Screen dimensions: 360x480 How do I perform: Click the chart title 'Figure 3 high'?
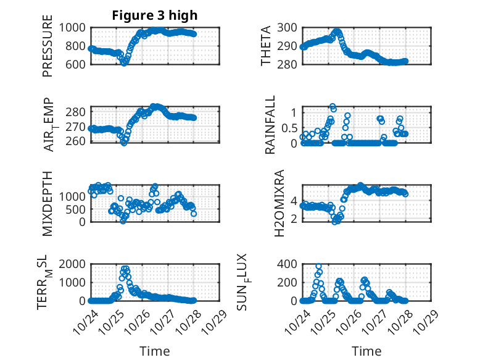coord(155,15)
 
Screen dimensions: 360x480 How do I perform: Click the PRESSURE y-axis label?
coord(48,46)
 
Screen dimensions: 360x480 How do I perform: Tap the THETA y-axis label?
coord(266,46)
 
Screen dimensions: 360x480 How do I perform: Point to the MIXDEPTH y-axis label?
coord(48,203)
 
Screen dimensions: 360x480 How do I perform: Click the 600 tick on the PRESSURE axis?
coord(78,64)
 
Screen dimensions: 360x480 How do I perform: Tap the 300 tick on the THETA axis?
coord(289,27)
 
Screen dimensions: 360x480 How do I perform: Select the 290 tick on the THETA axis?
coord(289,46)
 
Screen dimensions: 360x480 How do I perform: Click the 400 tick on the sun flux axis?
coord(289,264)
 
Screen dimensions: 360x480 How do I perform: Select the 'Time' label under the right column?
coord(366,351)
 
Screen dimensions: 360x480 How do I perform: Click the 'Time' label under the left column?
coord(155,351)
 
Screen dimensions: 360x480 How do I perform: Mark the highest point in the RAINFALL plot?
coord(333,107)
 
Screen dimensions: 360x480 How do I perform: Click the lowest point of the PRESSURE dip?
coord(124,63)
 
